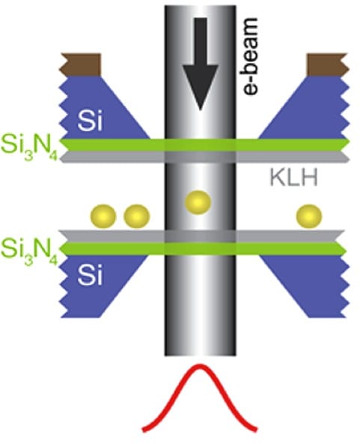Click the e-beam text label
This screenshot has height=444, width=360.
click(250, 56)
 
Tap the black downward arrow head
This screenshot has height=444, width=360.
click(201, 85)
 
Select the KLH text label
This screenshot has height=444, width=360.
click(294, 177)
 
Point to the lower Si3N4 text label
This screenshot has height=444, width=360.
click(29, 252)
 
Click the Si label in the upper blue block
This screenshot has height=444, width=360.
click(90, 122)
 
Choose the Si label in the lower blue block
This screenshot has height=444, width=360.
click(90, 276)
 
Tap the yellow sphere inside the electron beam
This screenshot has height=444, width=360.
click(198, 202)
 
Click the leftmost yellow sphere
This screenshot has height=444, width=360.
click(103, 216)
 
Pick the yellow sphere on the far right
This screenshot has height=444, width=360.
click(309, 216)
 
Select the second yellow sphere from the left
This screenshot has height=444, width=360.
click(137, 216)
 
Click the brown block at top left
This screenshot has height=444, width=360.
click(80, 64)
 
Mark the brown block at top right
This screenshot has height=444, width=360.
click(328, 64)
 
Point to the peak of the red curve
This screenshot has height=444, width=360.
click(200, 366)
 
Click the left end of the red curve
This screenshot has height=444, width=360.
click(144, 431)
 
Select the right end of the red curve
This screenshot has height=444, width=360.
click(257, 431)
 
